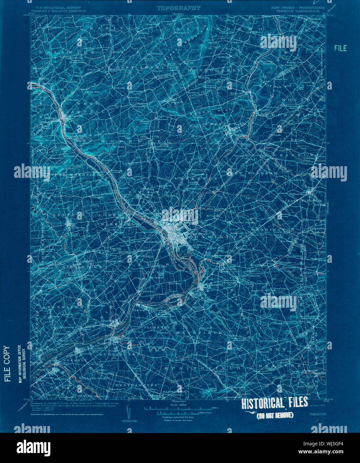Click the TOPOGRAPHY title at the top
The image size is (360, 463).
[x=179, y=8]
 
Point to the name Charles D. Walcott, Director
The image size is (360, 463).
[x=58, y=11]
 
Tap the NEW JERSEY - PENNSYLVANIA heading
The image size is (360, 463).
[x=297, y=7]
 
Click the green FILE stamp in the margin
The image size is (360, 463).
[x=340, y=48]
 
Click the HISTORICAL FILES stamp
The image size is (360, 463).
[x=274, y=403]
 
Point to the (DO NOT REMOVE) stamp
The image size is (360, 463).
[x=274, y=415]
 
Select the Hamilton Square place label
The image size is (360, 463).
[x=245, y=222]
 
